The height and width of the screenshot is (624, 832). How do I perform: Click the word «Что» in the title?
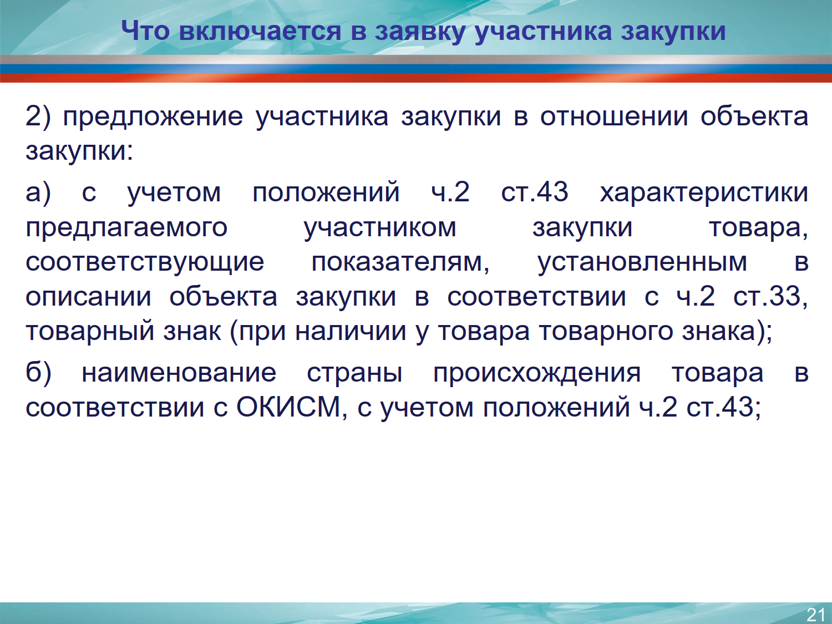click(x=145, y=31)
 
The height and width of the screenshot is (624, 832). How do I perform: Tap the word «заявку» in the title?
click(x=420, y=32)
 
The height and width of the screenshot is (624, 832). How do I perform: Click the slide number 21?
click(x=816, y=615)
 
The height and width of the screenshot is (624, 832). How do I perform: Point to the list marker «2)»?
click(x=38, y=116)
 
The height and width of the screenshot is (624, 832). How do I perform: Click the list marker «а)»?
click(x=38, y=192)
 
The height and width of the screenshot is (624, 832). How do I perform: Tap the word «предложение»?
click(x=153, y=117)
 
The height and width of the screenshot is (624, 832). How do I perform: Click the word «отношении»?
click(x=614, y=116)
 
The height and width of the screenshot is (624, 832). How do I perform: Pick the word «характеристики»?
click(x=704, y=193)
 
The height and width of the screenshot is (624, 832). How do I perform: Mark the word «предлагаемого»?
click(x=126, y=228)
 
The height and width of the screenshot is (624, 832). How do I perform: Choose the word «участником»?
click(x=380, y=228)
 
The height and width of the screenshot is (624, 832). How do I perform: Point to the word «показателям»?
click(x=400, y=262)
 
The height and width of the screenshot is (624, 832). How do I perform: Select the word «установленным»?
click(x=642, y=262)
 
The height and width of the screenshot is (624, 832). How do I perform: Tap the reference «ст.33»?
click(x=771, y=296)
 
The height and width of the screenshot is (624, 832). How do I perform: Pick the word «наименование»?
click(x=179, y=373)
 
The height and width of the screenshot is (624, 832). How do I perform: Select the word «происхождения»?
click(x=537, y=374)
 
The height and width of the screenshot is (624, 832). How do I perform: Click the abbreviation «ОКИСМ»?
click(x=289, y=407)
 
